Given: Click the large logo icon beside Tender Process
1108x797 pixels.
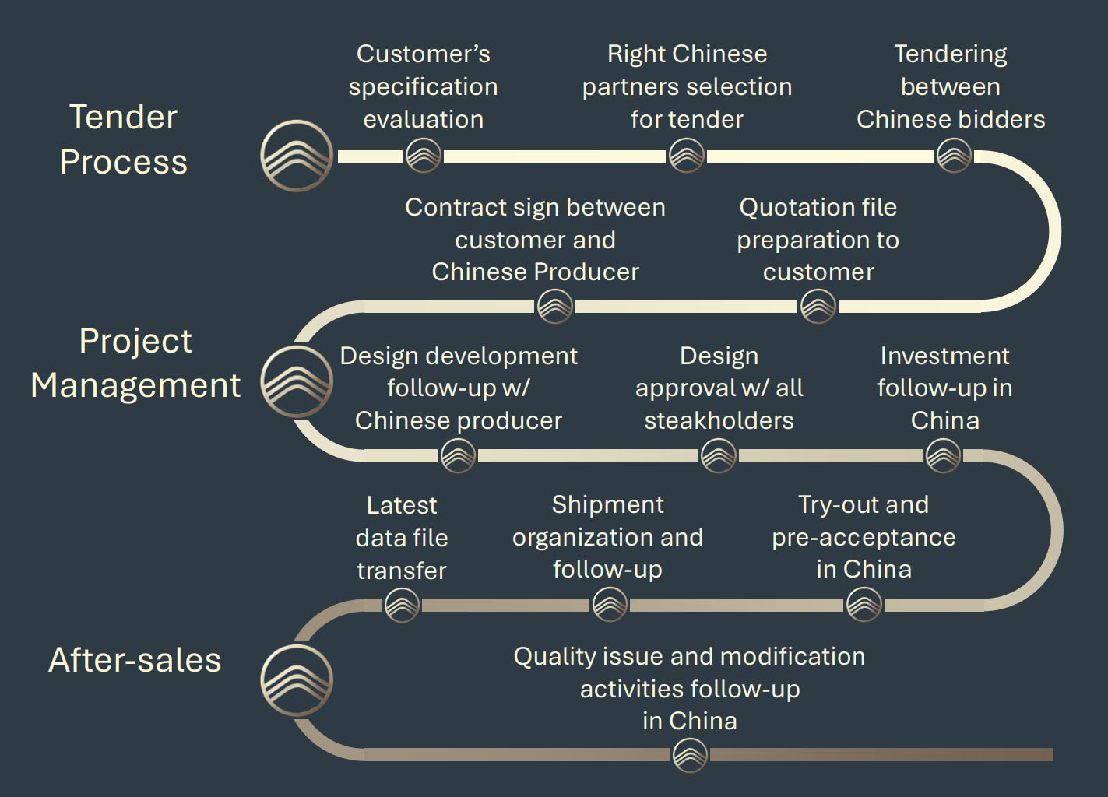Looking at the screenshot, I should [297, 156].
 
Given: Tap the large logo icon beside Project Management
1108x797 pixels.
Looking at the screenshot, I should [297, 381].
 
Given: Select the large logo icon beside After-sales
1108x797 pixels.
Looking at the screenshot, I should [297, 679].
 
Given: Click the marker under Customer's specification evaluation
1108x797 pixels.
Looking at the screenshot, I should [424, 156].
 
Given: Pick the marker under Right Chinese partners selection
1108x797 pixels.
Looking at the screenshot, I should [687, 156].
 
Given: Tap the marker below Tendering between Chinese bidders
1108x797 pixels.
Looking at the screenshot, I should [954, 156].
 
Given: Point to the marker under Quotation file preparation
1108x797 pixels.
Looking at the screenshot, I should [818, 306].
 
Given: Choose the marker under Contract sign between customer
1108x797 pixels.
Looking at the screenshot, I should [555, 306].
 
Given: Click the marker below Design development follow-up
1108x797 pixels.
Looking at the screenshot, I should [458, 455].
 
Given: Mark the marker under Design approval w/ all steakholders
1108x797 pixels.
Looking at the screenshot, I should [719, 455].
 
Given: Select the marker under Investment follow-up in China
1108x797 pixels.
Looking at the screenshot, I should [943, 455].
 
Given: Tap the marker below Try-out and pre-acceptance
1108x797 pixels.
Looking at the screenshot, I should [864, 604].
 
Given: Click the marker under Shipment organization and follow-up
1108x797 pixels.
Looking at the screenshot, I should [610, 604].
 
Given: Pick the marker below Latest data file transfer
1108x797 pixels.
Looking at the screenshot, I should [403, 604].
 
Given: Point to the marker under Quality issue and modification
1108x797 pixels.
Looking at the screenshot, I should [690, 754].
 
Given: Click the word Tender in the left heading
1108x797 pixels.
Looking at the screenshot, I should [124, 117].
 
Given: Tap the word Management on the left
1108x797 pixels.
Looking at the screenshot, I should [135, 385].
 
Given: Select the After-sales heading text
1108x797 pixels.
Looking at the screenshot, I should [135, 660].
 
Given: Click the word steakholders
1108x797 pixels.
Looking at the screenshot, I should [719, 420].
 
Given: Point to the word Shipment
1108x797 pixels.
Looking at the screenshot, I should [607, 504].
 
